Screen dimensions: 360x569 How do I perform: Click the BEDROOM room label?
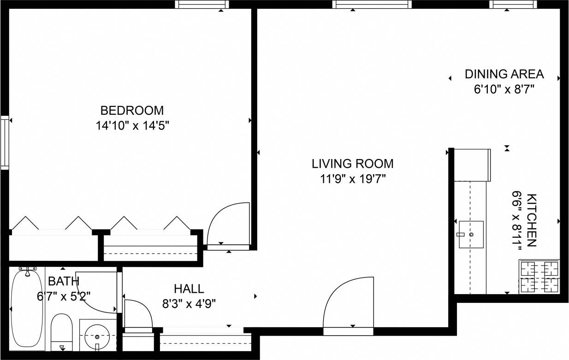tap(132, 111)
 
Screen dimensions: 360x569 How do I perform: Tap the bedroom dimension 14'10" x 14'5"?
tap(132, 125)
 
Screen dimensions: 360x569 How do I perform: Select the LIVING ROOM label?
tap(353, 164)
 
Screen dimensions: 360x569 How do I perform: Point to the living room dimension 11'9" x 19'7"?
tap(353, 179)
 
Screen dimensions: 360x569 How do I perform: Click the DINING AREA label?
tap(504, 74)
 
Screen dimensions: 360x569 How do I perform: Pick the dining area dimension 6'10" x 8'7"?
tap(504, 89)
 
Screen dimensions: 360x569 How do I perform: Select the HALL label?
tap(189, 289)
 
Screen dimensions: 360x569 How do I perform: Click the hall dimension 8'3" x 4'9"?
tap(189, 303)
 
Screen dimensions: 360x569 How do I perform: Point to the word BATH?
tap(64, 281)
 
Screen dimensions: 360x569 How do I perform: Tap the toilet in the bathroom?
tap(62, 331)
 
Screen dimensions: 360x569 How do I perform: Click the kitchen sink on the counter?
tap(471, 234)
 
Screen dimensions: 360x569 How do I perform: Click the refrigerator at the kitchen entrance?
tap(472, 165)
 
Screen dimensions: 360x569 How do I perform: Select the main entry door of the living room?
tap(349, 304)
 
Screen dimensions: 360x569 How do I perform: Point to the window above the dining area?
tap(513, 5)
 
